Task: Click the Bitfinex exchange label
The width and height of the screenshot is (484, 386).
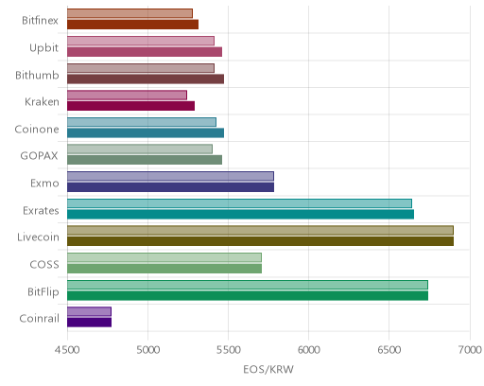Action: (x=40, y=21)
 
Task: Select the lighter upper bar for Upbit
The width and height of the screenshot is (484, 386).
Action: (x=141, y=41)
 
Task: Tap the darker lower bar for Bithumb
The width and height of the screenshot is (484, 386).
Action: (x=146, y=79)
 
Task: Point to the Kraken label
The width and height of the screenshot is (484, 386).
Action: (x=42, y=102)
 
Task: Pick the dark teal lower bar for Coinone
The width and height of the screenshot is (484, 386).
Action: (x=146, y=133)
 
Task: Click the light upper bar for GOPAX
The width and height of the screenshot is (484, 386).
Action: (x=140, y=149)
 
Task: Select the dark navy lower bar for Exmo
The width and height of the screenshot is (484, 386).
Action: (x=170, y=187)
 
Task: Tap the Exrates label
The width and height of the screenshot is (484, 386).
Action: (x=41, y=210)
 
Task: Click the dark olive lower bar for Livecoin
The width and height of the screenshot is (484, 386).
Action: (x=260, y=241)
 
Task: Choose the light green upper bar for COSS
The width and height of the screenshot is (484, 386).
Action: (x=164, y=257)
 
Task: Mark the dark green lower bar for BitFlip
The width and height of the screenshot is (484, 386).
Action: (x=248, y=296)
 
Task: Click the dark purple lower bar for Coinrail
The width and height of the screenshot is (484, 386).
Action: (x=89, y=323)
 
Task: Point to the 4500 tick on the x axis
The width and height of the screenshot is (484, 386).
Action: (x=67, y=350)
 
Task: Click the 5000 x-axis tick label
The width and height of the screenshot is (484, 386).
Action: (x=147, y=350)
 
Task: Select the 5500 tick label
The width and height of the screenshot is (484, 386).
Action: (x=229, y=350)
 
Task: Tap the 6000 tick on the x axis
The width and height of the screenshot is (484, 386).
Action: (x=309, y=350)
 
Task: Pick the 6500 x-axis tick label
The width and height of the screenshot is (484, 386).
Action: (x=389, y=350)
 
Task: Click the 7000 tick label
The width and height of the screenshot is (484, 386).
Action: (x=470, y=350)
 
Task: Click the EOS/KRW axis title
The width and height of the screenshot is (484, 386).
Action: (x=268, y=369)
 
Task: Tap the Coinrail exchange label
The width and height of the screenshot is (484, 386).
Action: (x=40, y=319)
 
